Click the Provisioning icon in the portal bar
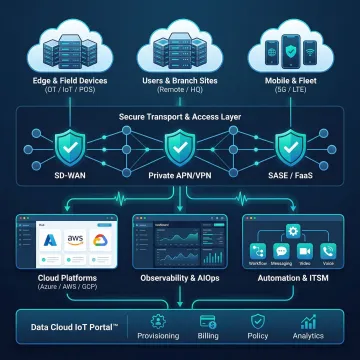pyautogui.click(x=157, y=321)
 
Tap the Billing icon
pyautogui.click(x=209, y=321)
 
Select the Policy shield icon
pyautogui.click(x=257, y=321)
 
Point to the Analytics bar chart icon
pyautogui.click(x=307, y=321)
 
